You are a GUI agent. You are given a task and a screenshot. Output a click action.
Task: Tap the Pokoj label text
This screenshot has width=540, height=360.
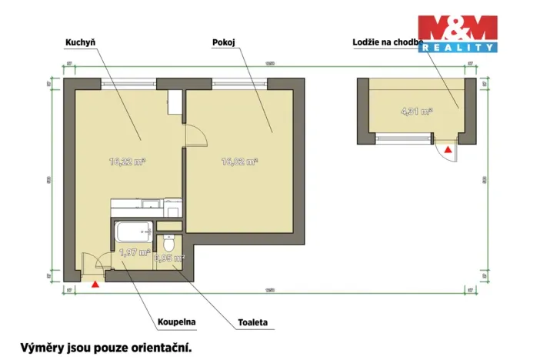pyautogui.click(x=223, y=44)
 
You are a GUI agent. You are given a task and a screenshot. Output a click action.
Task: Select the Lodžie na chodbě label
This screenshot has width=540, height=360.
pyautogui.click(x=388, y=44)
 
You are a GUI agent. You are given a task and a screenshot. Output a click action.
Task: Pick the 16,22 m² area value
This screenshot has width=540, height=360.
pyautogui.click(x=128, y=162)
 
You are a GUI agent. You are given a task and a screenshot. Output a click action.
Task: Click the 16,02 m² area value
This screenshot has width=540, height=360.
pyautogui.click(x=239, y=162)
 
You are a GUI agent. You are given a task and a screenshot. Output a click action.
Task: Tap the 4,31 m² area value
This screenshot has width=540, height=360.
pyautogui.click(x=416, y=112)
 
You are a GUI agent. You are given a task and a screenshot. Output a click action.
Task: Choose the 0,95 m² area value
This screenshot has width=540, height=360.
pyautogui.click(x=169, y=258)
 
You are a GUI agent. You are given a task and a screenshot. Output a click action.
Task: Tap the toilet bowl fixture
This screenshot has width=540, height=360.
pyautogui.click(x=170, y=244)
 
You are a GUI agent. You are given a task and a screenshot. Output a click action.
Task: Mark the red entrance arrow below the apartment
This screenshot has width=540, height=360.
pyautogui.click(x=95, y=285)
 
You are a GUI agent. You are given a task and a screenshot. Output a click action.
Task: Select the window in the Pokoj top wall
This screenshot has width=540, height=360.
pyautogui.click(x=238, y=83)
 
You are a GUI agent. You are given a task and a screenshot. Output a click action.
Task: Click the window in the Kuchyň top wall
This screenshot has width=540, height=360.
pyautogui.click(x=128, y=83)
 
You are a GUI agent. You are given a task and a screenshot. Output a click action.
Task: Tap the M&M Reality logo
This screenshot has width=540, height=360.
pyautogui.click(x=457, y=33)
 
